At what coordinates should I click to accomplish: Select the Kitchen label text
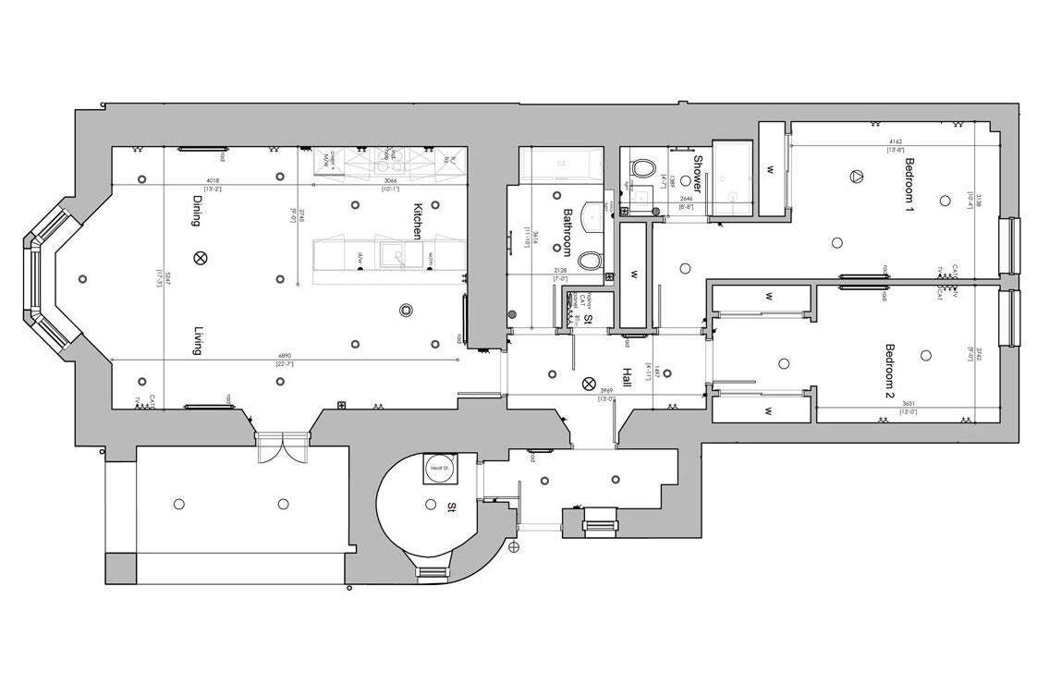click(418, 221)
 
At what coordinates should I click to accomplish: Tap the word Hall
click(626, 378)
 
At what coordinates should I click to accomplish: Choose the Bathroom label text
click(571, 231)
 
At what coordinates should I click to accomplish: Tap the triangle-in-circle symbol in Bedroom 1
click(856, 177)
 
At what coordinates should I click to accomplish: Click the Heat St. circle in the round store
click(437, 470)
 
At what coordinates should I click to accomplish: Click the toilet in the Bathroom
click(590, 261)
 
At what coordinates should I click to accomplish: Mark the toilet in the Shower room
click(642, 168)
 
